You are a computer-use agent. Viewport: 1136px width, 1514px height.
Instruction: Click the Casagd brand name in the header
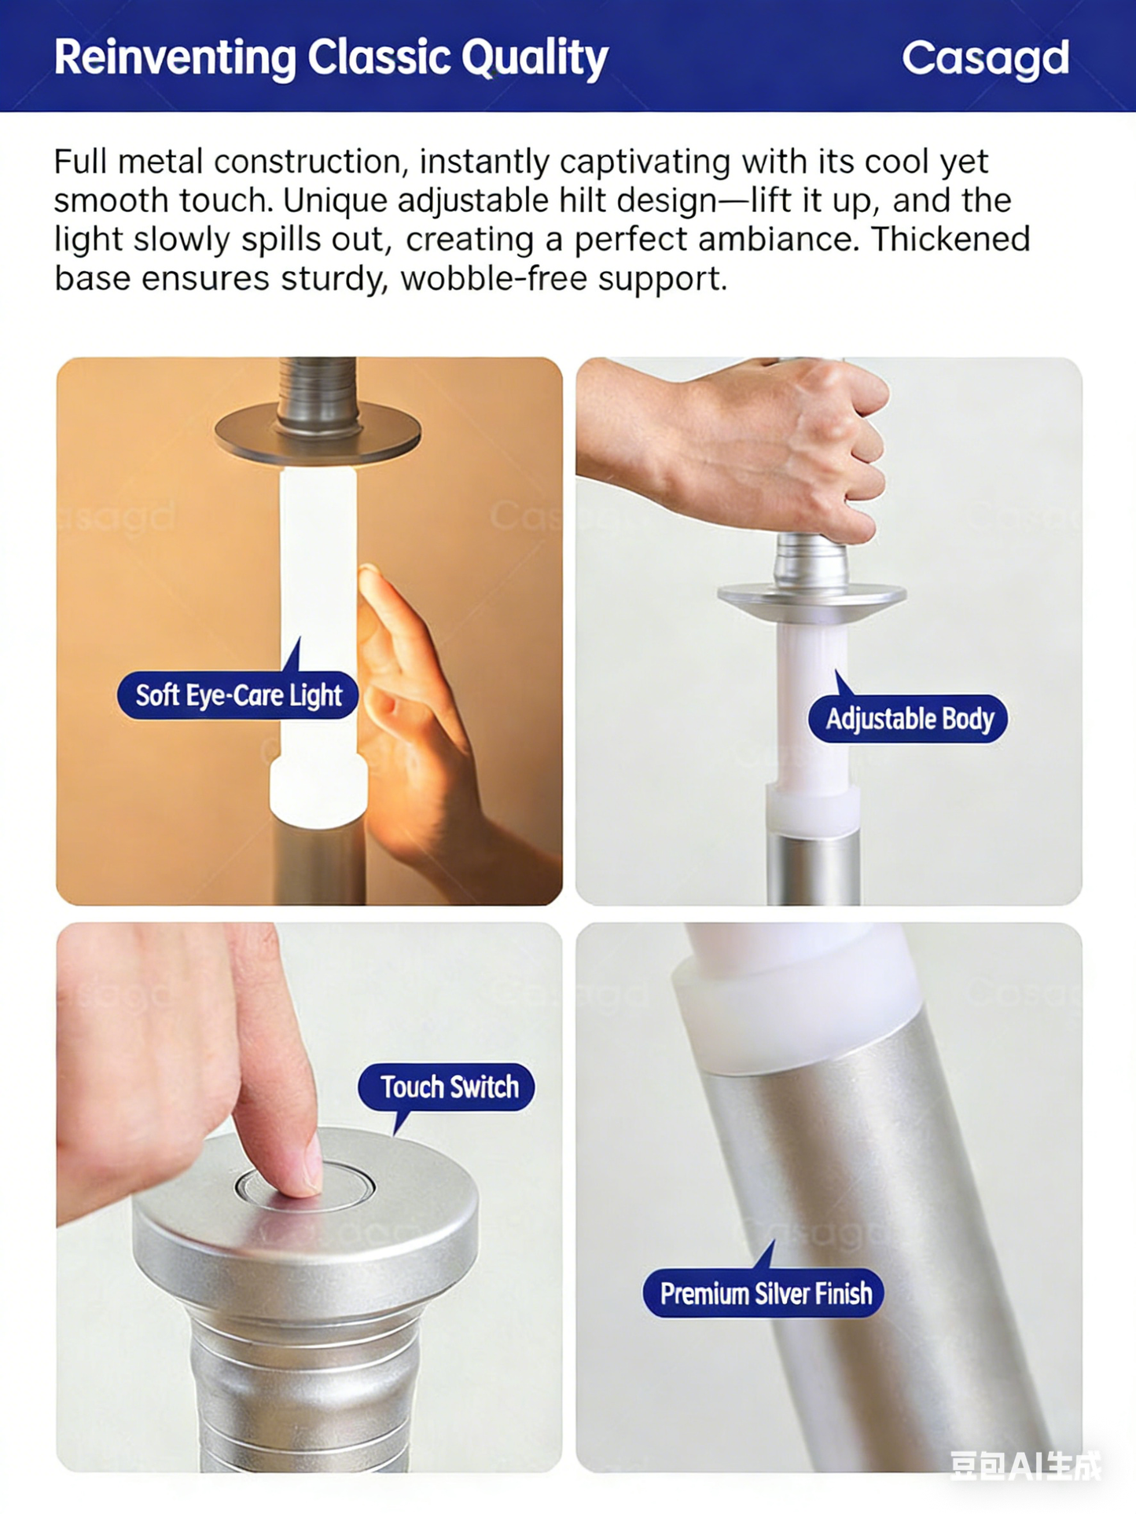pos(985,58)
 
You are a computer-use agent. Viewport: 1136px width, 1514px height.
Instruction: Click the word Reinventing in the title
pos(175,58)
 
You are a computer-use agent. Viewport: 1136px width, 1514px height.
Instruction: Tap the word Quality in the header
pos(535,58)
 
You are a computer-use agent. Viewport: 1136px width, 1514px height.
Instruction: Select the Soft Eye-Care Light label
pos(238,695)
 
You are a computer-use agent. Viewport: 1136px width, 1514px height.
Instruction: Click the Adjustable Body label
pos(909,719)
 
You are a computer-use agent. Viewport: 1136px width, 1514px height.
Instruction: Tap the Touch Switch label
pos(448,1087)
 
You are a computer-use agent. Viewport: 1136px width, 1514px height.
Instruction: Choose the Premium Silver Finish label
pos(765,1293)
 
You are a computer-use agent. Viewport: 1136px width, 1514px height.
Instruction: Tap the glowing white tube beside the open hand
pos(318,597)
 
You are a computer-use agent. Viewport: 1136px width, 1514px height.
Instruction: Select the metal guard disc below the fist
pos(811,597)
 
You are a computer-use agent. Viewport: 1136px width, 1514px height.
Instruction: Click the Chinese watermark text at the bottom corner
pos(1024,1465)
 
